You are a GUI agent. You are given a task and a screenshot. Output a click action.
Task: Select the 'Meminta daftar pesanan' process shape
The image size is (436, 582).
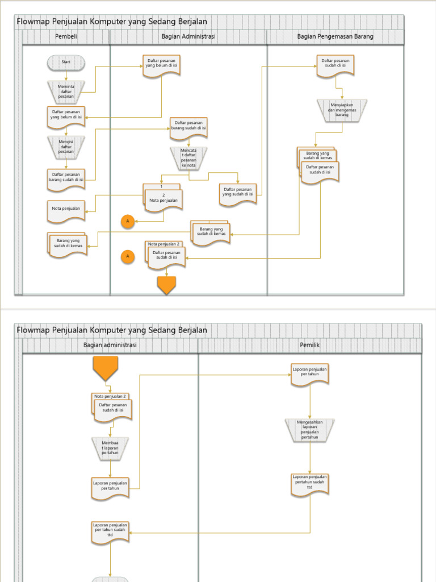coord(66,92)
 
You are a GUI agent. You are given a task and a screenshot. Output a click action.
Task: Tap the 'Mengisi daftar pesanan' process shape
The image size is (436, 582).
coord(66,147)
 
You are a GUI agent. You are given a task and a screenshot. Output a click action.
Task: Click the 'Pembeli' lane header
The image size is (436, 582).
coord(66,37)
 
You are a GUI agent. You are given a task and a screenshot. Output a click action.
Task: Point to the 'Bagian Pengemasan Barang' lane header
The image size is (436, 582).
coord(335,37)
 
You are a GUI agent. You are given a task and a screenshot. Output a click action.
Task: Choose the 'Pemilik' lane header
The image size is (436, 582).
coord(310,345)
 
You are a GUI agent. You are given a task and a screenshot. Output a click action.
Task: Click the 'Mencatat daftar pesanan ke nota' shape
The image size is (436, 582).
coord(188,157)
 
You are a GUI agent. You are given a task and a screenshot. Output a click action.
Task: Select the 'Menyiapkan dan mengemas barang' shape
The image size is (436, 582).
coord(342,110)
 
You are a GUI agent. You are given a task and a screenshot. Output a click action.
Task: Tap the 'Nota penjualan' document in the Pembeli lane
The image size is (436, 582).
coord(66,209)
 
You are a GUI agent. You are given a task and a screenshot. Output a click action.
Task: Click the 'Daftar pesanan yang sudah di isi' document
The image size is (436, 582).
coord(238,193)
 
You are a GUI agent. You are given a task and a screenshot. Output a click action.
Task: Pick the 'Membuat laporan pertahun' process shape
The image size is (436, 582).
coord(110,448)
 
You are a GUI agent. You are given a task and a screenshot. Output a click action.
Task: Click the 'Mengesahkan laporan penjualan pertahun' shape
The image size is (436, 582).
coord(310,430)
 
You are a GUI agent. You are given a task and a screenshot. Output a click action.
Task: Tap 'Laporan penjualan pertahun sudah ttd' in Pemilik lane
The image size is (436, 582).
coord(310,483)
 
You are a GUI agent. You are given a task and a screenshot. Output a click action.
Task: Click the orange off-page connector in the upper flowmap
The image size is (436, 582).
coord(166,285)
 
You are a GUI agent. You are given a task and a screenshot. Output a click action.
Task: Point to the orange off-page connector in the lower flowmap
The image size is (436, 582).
coord(106,368)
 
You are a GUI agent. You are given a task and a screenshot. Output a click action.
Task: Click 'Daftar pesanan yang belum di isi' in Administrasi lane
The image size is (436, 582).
coord(161,64)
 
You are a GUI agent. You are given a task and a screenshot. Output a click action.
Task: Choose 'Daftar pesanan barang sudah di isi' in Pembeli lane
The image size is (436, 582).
coord(66,178)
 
